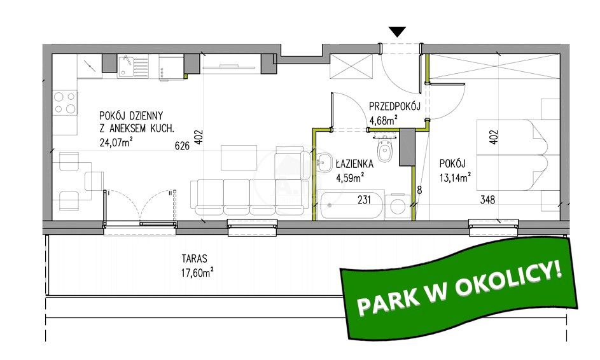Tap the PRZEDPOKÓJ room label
coord(394,106)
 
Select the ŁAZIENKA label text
coord(354,164)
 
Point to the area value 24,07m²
coord(116,142)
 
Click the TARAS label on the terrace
coord(195,259)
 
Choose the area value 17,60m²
coord(197,272)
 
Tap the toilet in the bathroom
coord(384,149)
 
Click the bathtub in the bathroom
coord(351,205)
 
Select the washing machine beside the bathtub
coord(398,207)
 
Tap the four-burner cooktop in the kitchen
coord(65,103)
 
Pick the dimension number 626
coord(182,146)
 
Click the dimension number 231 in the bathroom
coord(364,200)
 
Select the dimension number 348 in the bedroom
coord(487,200)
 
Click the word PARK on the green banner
coord(388,298)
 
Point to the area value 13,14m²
coord(455,177)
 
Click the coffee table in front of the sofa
coord(239,158)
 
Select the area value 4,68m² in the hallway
coord(382,120)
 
